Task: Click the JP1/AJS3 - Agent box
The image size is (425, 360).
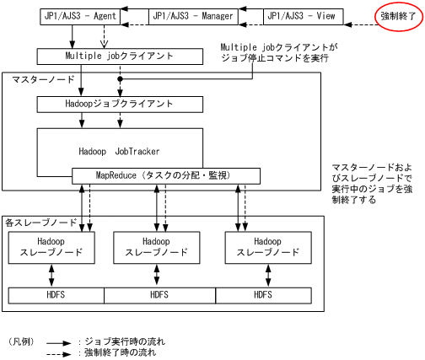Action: (80, 16)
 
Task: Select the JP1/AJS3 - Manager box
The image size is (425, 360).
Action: (193, 16)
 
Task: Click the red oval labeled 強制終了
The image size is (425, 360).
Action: (397, 17)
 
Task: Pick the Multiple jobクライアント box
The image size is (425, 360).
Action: (120, 56)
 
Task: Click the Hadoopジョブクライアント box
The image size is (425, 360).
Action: (120, 105)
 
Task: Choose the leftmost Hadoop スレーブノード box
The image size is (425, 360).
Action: (51, 245)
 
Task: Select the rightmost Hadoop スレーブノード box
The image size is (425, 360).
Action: (268, 245)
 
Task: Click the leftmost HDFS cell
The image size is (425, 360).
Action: (56, 295)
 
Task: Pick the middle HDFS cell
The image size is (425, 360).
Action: (159, 295)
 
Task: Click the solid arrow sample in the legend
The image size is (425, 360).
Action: (58, 343)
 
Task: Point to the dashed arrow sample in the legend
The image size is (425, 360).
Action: (58, 353)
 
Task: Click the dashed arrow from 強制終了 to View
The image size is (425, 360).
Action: (352, 16)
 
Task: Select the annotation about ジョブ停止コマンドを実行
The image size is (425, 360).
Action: (278, 53)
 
